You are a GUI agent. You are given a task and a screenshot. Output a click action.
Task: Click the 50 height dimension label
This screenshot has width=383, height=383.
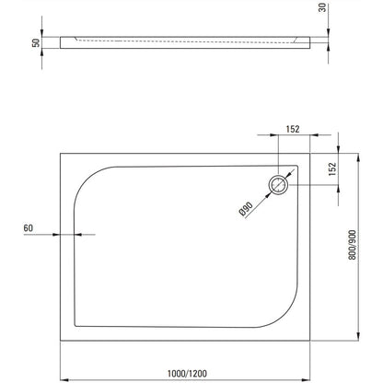[x=36, y=42]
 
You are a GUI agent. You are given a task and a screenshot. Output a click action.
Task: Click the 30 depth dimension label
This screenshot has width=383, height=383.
[x=322, y=7]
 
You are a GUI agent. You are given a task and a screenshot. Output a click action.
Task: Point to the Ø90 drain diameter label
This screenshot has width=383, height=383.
[x=246, y=209]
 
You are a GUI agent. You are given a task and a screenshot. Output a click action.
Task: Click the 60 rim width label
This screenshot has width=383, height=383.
[x=28, y=228]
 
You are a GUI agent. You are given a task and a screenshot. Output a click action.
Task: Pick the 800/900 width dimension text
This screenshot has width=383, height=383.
[x=353, y=245]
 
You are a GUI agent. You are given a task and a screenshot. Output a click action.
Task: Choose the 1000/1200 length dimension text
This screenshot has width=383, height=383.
[x=187, y=373]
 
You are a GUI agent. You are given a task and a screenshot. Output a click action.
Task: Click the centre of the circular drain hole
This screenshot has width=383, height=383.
[x=278, y=185]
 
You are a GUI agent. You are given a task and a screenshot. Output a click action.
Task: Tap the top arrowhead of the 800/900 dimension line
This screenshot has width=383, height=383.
[x=358, y=157]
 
